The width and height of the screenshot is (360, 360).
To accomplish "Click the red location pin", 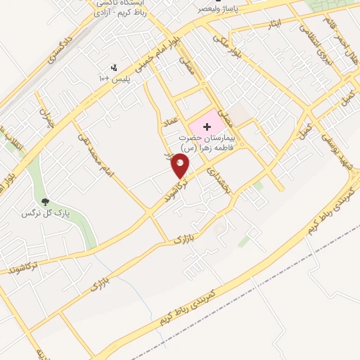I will (181, 165).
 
